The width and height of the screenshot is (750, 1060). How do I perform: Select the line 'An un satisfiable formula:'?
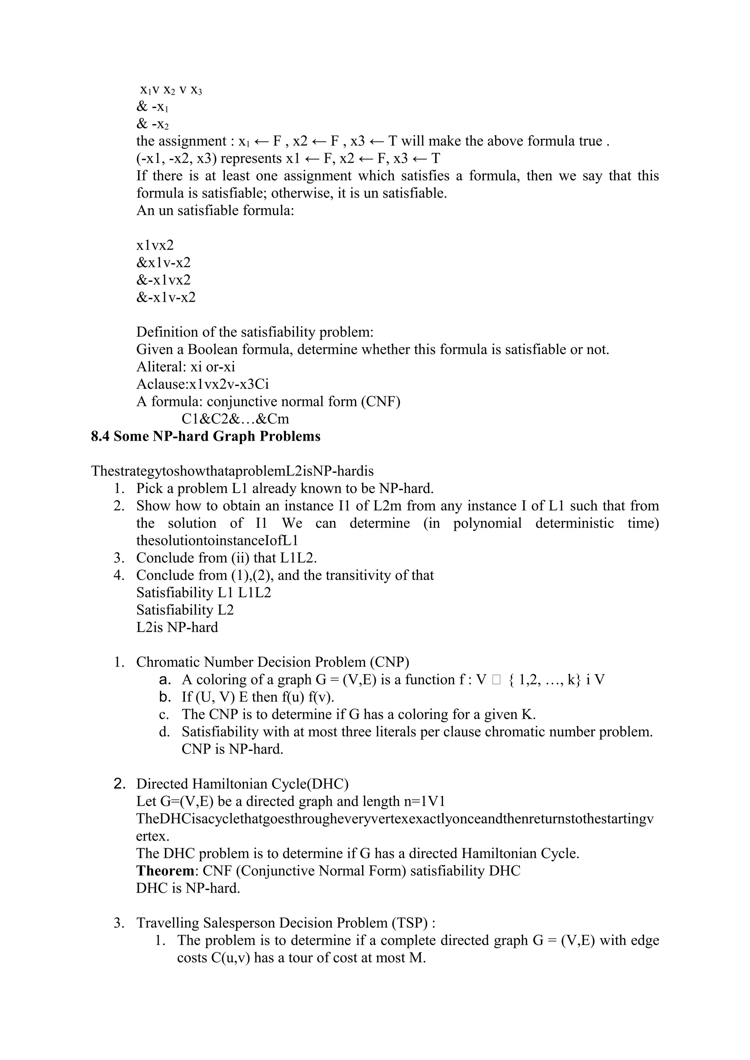tap(215, 211)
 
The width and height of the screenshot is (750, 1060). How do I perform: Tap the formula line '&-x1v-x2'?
tap(166, 297)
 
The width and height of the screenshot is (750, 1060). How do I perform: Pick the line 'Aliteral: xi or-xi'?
tap(185, 367)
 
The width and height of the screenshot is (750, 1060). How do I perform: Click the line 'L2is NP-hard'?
tap(177, 627)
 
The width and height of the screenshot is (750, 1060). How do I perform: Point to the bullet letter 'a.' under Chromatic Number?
tap(164, 680)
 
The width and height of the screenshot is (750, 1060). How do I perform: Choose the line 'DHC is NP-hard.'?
tap(188, 888)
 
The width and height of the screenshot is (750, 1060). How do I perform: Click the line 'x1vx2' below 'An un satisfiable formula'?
tap(155, 245)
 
